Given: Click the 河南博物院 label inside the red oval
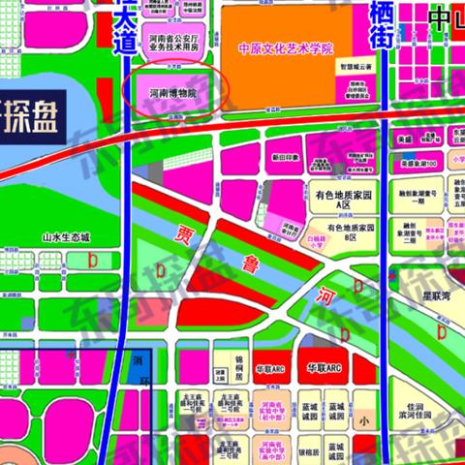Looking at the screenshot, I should [x=172, y=93].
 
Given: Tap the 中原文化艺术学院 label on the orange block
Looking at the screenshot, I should [x=285, y=47].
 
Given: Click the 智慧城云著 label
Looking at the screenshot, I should [x=355, y=70].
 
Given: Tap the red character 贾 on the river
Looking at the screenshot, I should [x=185, y=235].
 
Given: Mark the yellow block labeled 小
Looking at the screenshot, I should [x=363, y=420].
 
